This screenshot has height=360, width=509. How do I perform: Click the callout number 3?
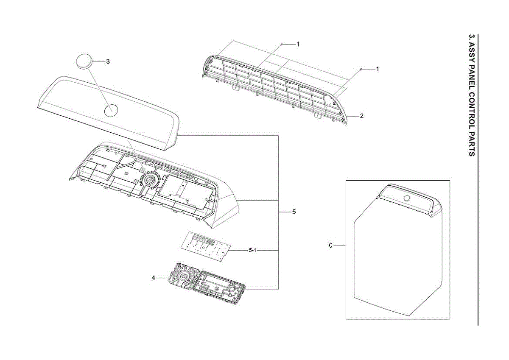coord(108,61)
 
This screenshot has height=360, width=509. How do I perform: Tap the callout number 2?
coord(361,116)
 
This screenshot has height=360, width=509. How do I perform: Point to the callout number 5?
coord(294,212)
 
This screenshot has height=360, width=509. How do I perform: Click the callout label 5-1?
coord(252,250)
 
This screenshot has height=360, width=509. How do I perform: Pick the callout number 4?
coord(154,278)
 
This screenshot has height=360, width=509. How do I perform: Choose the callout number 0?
coord(330,246)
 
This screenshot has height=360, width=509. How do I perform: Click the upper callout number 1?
coord(298,44)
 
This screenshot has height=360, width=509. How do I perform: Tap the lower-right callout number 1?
coord(378,69)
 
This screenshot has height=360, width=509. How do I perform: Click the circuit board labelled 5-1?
coord(206,246)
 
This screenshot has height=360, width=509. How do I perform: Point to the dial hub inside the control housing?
coord(149,180)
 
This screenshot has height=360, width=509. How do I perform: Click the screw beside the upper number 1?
coord(281,45)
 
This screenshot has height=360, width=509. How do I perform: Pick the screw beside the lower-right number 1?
coord(361,69)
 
